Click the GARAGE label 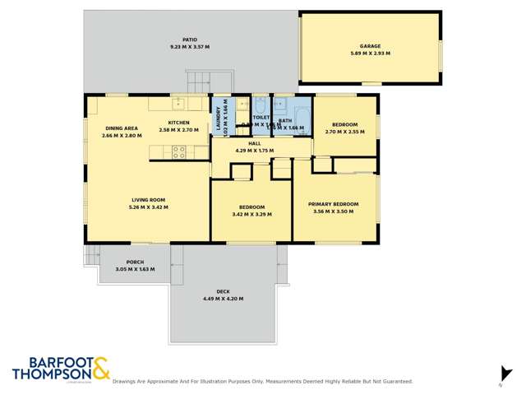click(369, 46)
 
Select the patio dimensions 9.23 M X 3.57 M click(189, 47)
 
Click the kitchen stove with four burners click(178, 151)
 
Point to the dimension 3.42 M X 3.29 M click(251, 214)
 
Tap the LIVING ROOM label click(148, 200)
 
